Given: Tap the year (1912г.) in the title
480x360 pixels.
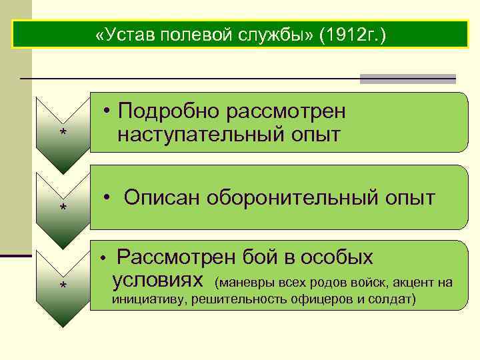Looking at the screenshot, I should point(352,35).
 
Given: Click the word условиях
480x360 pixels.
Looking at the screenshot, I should point(157,280).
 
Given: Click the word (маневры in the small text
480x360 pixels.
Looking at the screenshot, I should point(239,283).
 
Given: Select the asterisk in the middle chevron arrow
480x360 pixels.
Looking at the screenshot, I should point(63,209).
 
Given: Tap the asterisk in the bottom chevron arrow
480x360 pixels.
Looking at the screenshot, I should point(63,286).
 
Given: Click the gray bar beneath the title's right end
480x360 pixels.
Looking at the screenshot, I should point(407,79).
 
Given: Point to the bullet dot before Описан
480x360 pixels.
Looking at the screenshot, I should point(107,197).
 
